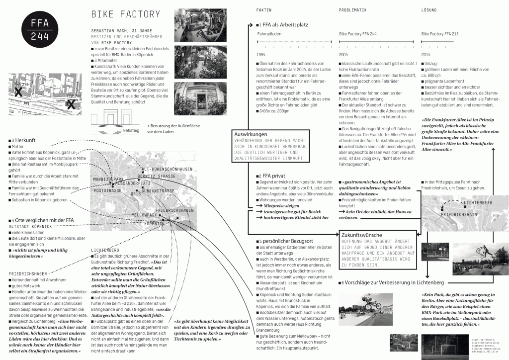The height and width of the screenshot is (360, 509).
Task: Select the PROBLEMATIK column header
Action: click(352, 10)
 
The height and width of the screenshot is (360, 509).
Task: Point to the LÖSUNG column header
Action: click(428, 10)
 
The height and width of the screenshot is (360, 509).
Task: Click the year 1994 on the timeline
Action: click(261, 54)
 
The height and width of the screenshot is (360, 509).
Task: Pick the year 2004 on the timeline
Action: click(343, 54)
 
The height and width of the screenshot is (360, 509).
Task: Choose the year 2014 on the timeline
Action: click(426, 54)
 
